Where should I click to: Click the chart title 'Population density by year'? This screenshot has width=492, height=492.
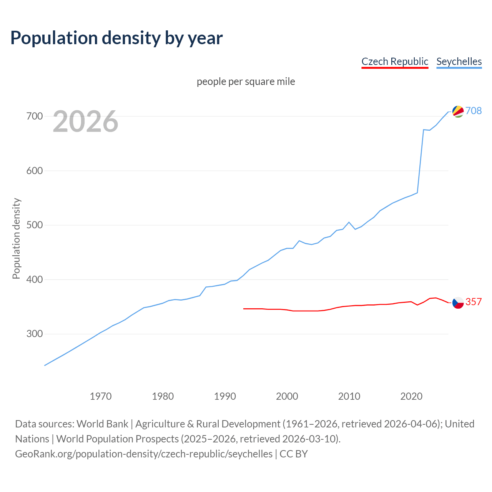tap(116, 38)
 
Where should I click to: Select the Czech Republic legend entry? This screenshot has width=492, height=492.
tap(395, 61)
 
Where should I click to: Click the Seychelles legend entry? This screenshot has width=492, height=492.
tap(459, 61)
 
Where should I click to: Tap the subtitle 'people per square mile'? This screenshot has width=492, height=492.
tap(246, 82)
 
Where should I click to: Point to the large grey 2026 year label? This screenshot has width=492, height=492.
tap(85, 121)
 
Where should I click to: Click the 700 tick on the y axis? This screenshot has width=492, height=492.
tap(34, 116)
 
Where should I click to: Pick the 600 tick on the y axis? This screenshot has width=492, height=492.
tap(34, 171)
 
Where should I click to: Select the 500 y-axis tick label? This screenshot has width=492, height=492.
tap(34, 225)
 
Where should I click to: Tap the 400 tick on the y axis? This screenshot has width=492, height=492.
tap(34, 279)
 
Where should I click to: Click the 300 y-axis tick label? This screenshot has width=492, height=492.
tap(34, 334)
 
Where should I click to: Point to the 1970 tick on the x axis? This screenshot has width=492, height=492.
tap(101, 396)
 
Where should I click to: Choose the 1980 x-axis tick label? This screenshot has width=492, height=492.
tap(163, 396)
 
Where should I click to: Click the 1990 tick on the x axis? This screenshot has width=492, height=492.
tap(225, 396)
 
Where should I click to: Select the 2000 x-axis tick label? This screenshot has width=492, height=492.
tap(287, 396)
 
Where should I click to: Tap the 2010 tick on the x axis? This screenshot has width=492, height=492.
tap(349, 396)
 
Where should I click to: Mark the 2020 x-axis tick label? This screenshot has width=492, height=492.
tap(411, 396)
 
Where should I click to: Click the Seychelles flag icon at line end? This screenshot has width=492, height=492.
tap(458, 111)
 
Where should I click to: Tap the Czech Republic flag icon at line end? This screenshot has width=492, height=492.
tap(458, 303)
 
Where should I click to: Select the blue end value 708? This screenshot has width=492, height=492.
tap(474, 111)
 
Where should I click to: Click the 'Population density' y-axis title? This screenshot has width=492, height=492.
tap(16, 238)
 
